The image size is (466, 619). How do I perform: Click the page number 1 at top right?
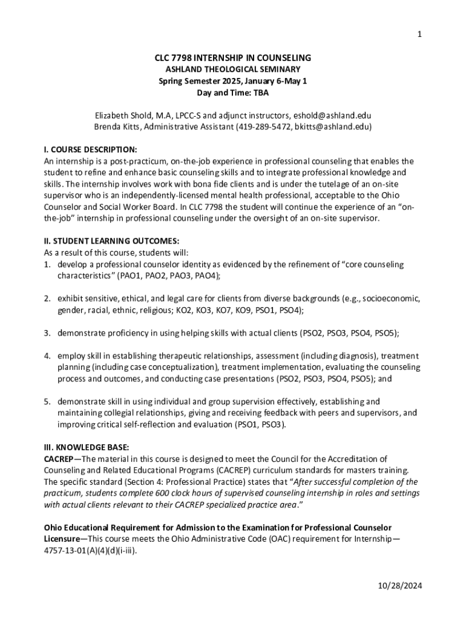419,34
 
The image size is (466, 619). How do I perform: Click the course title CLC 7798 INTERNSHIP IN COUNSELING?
232,58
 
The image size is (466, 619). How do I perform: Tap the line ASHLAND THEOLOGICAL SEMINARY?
232,70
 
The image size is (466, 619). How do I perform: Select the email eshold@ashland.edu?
332,115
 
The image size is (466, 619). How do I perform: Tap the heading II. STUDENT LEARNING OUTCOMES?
111,241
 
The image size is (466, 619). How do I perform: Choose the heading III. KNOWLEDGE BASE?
86,447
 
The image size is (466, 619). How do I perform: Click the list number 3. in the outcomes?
47,333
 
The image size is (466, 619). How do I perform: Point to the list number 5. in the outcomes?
47,401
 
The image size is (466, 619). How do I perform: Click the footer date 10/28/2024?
396,586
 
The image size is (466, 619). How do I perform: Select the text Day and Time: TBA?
232,92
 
